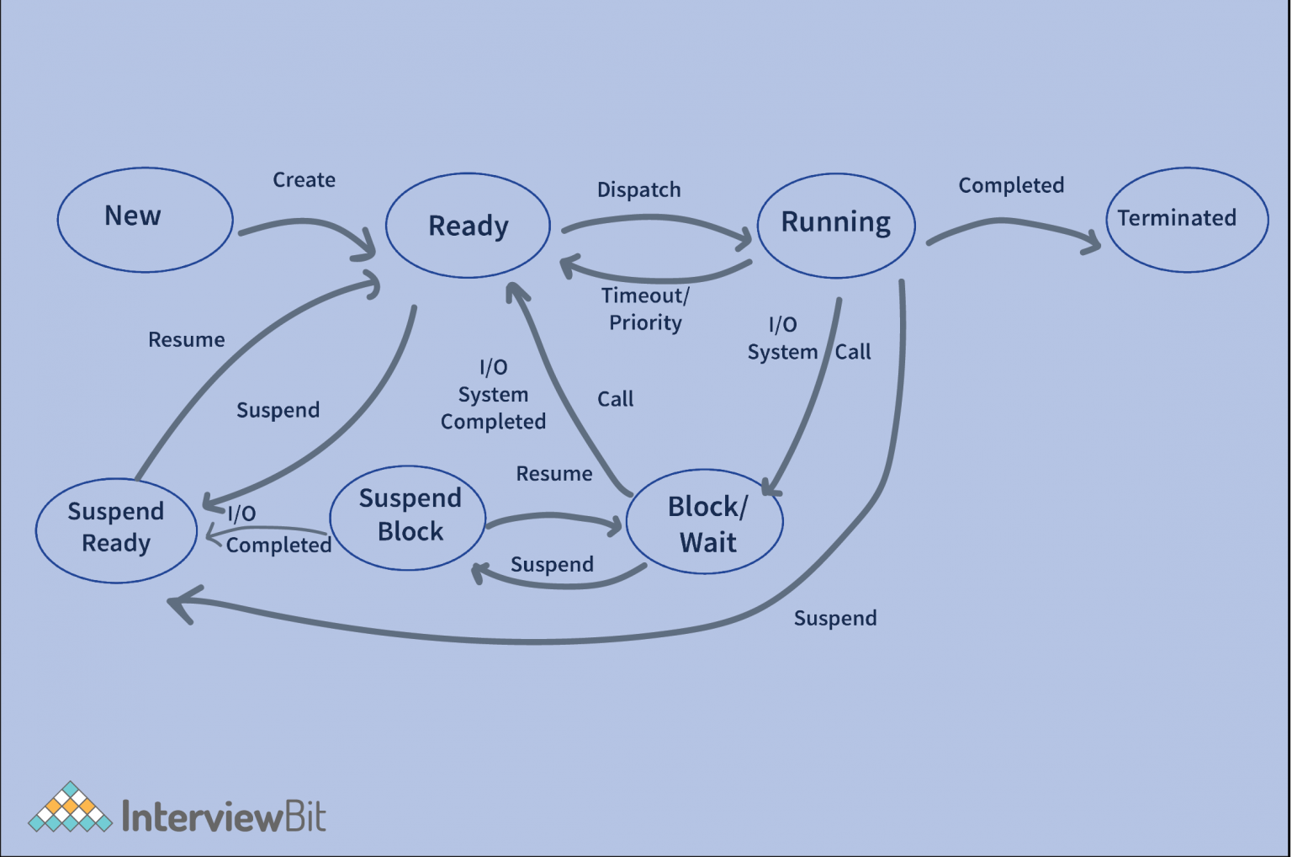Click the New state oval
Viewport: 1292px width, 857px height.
[145, 220]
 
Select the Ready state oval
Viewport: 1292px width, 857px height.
[468, 226]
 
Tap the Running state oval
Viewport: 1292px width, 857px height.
[835, 225]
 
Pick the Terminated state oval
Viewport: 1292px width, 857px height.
[1186, 220]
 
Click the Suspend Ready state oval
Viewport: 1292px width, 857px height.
[116, 530]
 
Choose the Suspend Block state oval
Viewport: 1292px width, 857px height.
[408, 517]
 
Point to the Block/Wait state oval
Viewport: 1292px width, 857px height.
[705, 522]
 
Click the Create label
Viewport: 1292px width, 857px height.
[304, 180]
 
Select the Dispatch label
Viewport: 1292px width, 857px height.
[638, 190]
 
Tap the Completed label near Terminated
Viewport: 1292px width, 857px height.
[1011, 185]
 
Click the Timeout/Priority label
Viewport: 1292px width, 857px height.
[645, 309]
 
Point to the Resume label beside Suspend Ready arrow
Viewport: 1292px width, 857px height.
[187, 340]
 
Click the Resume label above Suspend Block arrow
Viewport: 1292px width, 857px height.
[553, 474]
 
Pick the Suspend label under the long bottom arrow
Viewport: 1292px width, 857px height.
[835, 619]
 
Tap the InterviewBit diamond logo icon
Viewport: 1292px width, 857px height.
[70, 808]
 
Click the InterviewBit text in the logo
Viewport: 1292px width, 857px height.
[224, 816]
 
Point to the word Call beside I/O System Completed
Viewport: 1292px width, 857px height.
[615, 399]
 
